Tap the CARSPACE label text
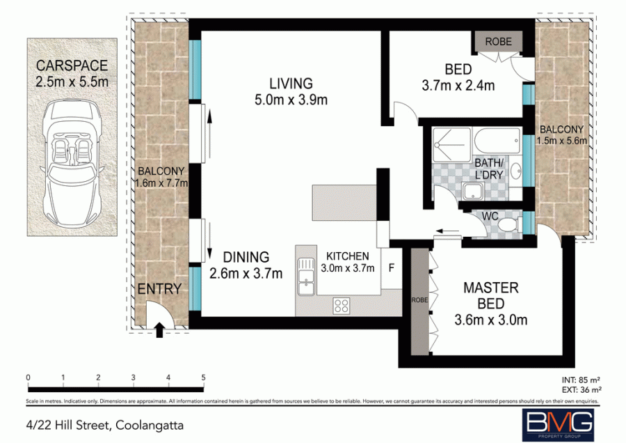(x=72, y=67)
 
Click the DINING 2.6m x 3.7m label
(x=246, y=265)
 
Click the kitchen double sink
(x=305, y=277)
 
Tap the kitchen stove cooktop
(x=342, y=304)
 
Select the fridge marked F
(x=392, y=267)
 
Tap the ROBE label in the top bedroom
(x=498, y=42)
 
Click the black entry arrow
(x=161, y=329)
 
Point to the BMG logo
(x=558, y=421)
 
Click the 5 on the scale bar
(x=203, y=378)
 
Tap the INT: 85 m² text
(x=581, y=380)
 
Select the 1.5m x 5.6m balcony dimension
(x=564, y=140)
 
